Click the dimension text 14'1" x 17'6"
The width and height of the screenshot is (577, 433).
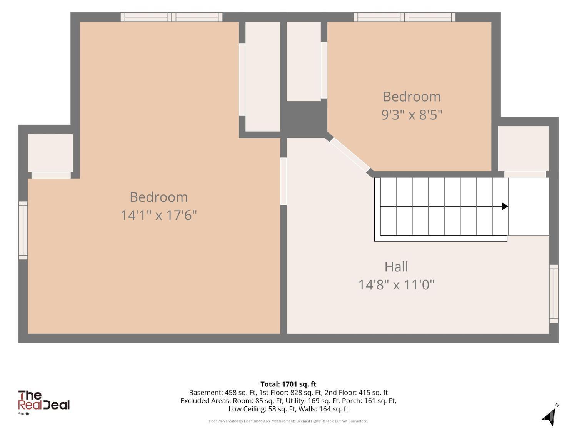click(x=158, y=215)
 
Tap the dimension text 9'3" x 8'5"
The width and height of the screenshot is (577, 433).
click(x=412, y=115)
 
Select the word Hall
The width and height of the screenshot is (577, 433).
click(x=396, y=267)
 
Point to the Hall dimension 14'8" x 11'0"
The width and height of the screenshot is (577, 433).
click(x=396, y=284)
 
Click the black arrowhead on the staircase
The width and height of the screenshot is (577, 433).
click(x=505, y=206)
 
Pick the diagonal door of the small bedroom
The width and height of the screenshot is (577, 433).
click(x=350, y=155)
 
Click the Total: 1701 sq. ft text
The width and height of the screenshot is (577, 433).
click(x=288, y=384)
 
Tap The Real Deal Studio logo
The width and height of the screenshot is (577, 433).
click(x=43, y=403)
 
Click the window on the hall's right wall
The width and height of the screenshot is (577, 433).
click(x=554, y=294)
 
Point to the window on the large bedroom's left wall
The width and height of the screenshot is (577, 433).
click(x=23, y=230)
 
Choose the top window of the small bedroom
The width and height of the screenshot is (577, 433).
click(x=405, y=17)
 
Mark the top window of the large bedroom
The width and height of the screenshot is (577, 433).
click(x=172, y=17)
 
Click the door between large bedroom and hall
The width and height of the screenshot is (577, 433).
click(x=283, y=181)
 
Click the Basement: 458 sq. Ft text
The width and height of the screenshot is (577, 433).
click(x=223, y=393)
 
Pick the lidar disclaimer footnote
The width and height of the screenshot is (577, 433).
click(x=288, y=421)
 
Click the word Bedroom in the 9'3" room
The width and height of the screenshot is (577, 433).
click(x=412, y=97)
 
